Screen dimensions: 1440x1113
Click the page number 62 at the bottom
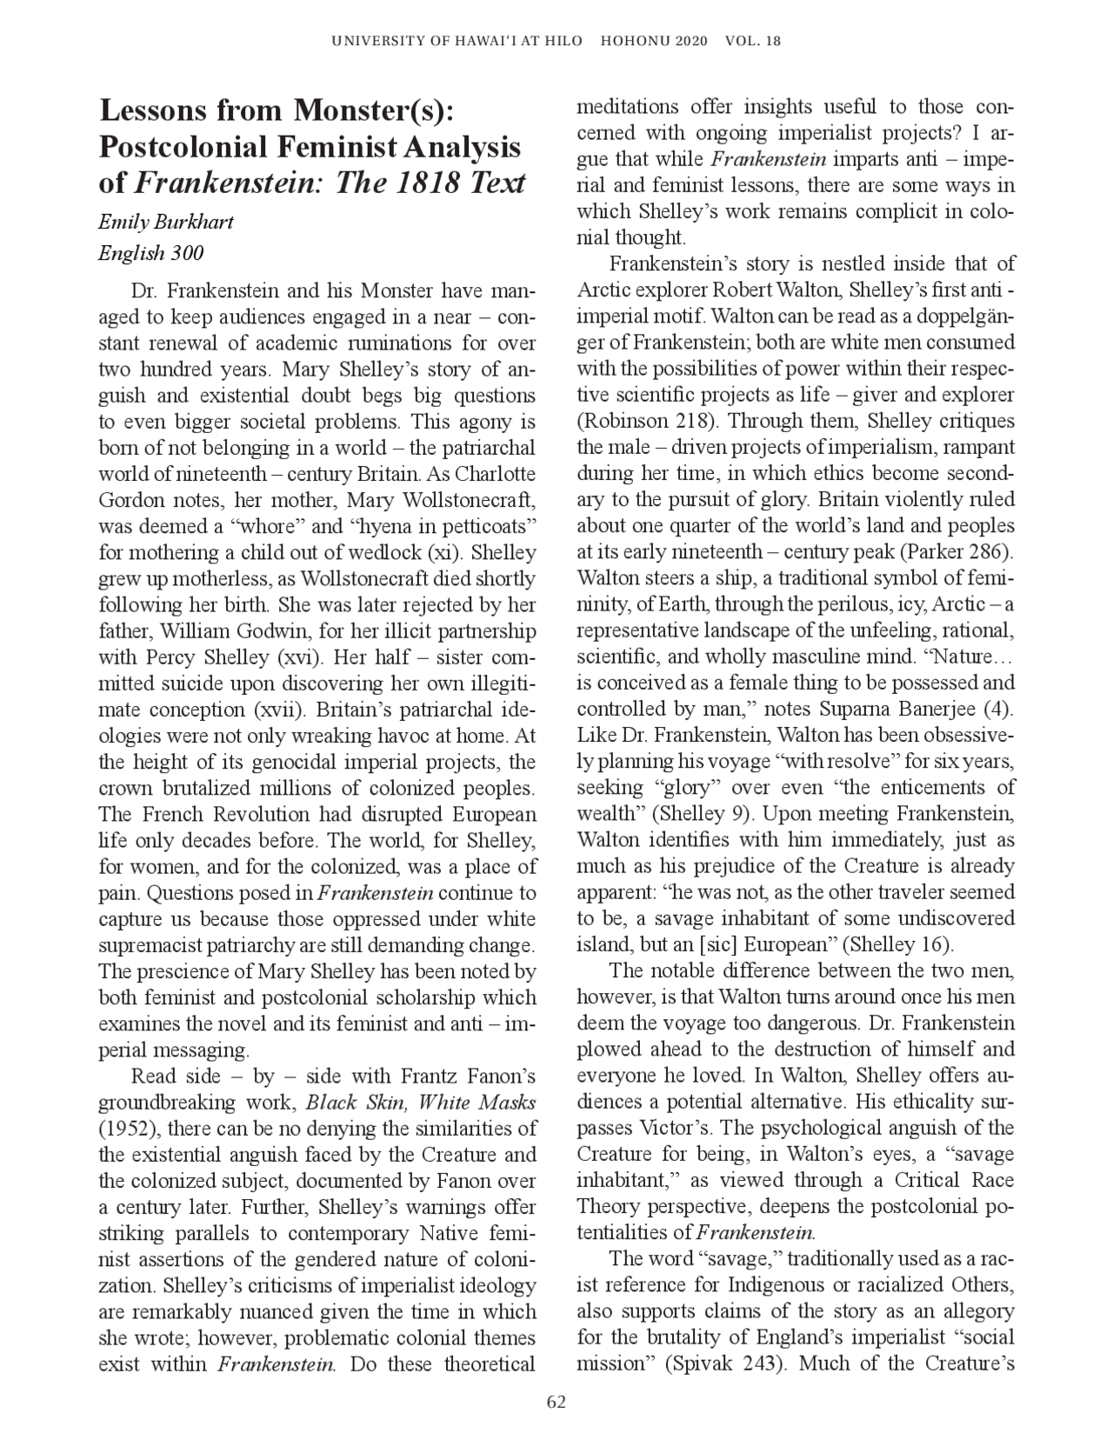click(x=556, y=1402)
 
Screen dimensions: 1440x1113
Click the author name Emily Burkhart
click(x=166, y=221)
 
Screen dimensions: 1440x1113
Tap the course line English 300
click(x=151, y=253)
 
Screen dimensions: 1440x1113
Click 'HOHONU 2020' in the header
click(x=655, y=41)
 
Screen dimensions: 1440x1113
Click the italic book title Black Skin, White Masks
click(x=421, y=1103)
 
